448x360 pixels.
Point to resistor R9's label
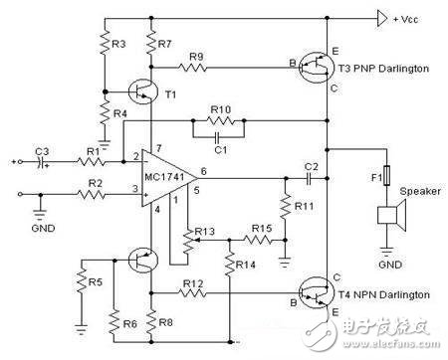[196, 56]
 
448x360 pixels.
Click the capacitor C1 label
[221, 149]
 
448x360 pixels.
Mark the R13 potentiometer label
[203, 231]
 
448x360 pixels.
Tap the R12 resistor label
[196, 285]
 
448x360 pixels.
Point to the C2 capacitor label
[311, 164]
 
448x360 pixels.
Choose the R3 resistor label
[117, 45]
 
